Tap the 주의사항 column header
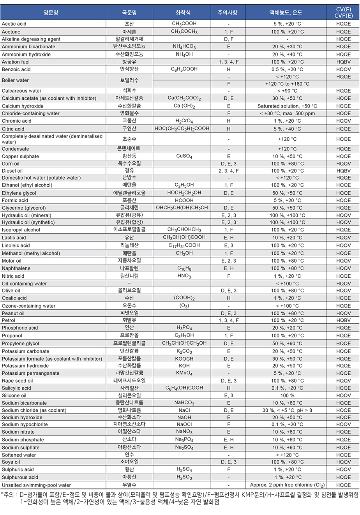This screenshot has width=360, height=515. click(228, 12)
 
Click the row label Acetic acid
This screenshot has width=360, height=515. click(14, 24)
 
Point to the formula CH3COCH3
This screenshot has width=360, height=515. click(184, 32)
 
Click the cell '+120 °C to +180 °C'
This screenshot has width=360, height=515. click(287, 84)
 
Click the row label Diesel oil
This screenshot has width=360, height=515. click(12, 171)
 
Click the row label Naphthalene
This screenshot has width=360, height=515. click(16, 268)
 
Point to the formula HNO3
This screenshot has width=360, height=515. click(184, 276)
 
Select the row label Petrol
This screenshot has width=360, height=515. click(9, 320)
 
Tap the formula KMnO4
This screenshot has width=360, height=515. click(184, 373)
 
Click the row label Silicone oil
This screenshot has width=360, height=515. click(14, 395)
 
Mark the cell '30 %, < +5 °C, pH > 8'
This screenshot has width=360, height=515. click(287, 410)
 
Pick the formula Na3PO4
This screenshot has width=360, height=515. click(184, 440)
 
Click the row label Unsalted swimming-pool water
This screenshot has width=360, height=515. click(36, 485)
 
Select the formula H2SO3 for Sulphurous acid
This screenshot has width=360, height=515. click(184, 477)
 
